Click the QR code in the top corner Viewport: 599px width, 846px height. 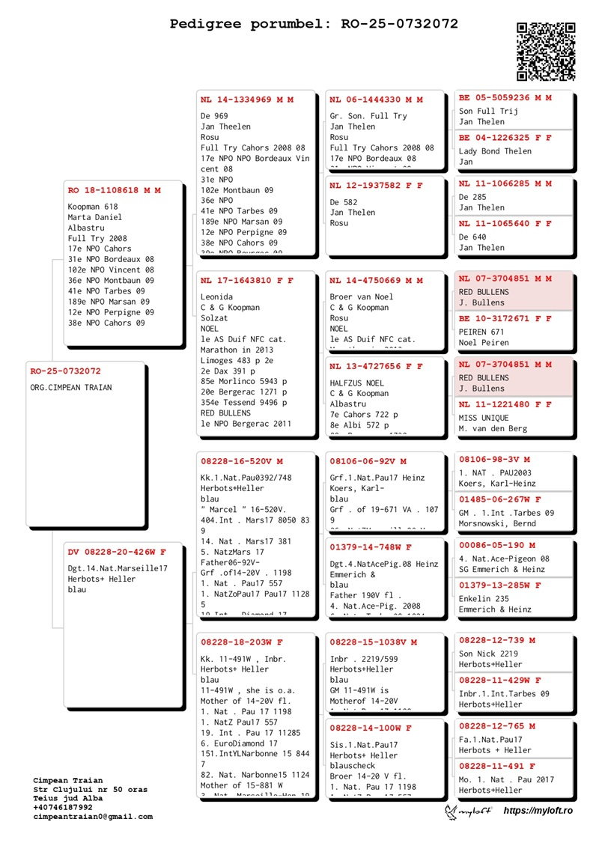546,51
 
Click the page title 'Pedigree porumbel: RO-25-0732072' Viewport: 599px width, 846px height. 314,24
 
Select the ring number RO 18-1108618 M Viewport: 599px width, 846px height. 114,191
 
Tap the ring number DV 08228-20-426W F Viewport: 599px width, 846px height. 116,553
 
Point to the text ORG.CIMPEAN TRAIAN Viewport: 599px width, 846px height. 71,388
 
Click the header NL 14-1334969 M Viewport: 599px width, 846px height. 246,100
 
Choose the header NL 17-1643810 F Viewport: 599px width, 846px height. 246,281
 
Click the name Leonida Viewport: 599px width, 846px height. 216,297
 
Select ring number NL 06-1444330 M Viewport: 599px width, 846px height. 376,100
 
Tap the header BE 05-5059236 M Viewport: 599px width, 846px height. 505,97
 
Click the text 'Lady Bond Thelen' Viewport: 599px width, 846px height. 495,151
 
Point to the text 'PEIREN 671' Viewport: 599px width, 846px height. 481,332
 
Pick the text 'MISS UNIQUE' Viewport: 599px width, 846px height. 484,418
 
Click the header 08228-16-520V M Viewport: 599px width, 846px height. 241,461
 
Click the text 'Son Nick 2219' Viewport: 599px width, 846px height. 488,654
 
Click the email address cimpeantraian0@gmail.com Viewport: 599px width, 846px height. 93,817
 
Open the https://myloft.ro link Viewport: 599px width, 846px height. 538,811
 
